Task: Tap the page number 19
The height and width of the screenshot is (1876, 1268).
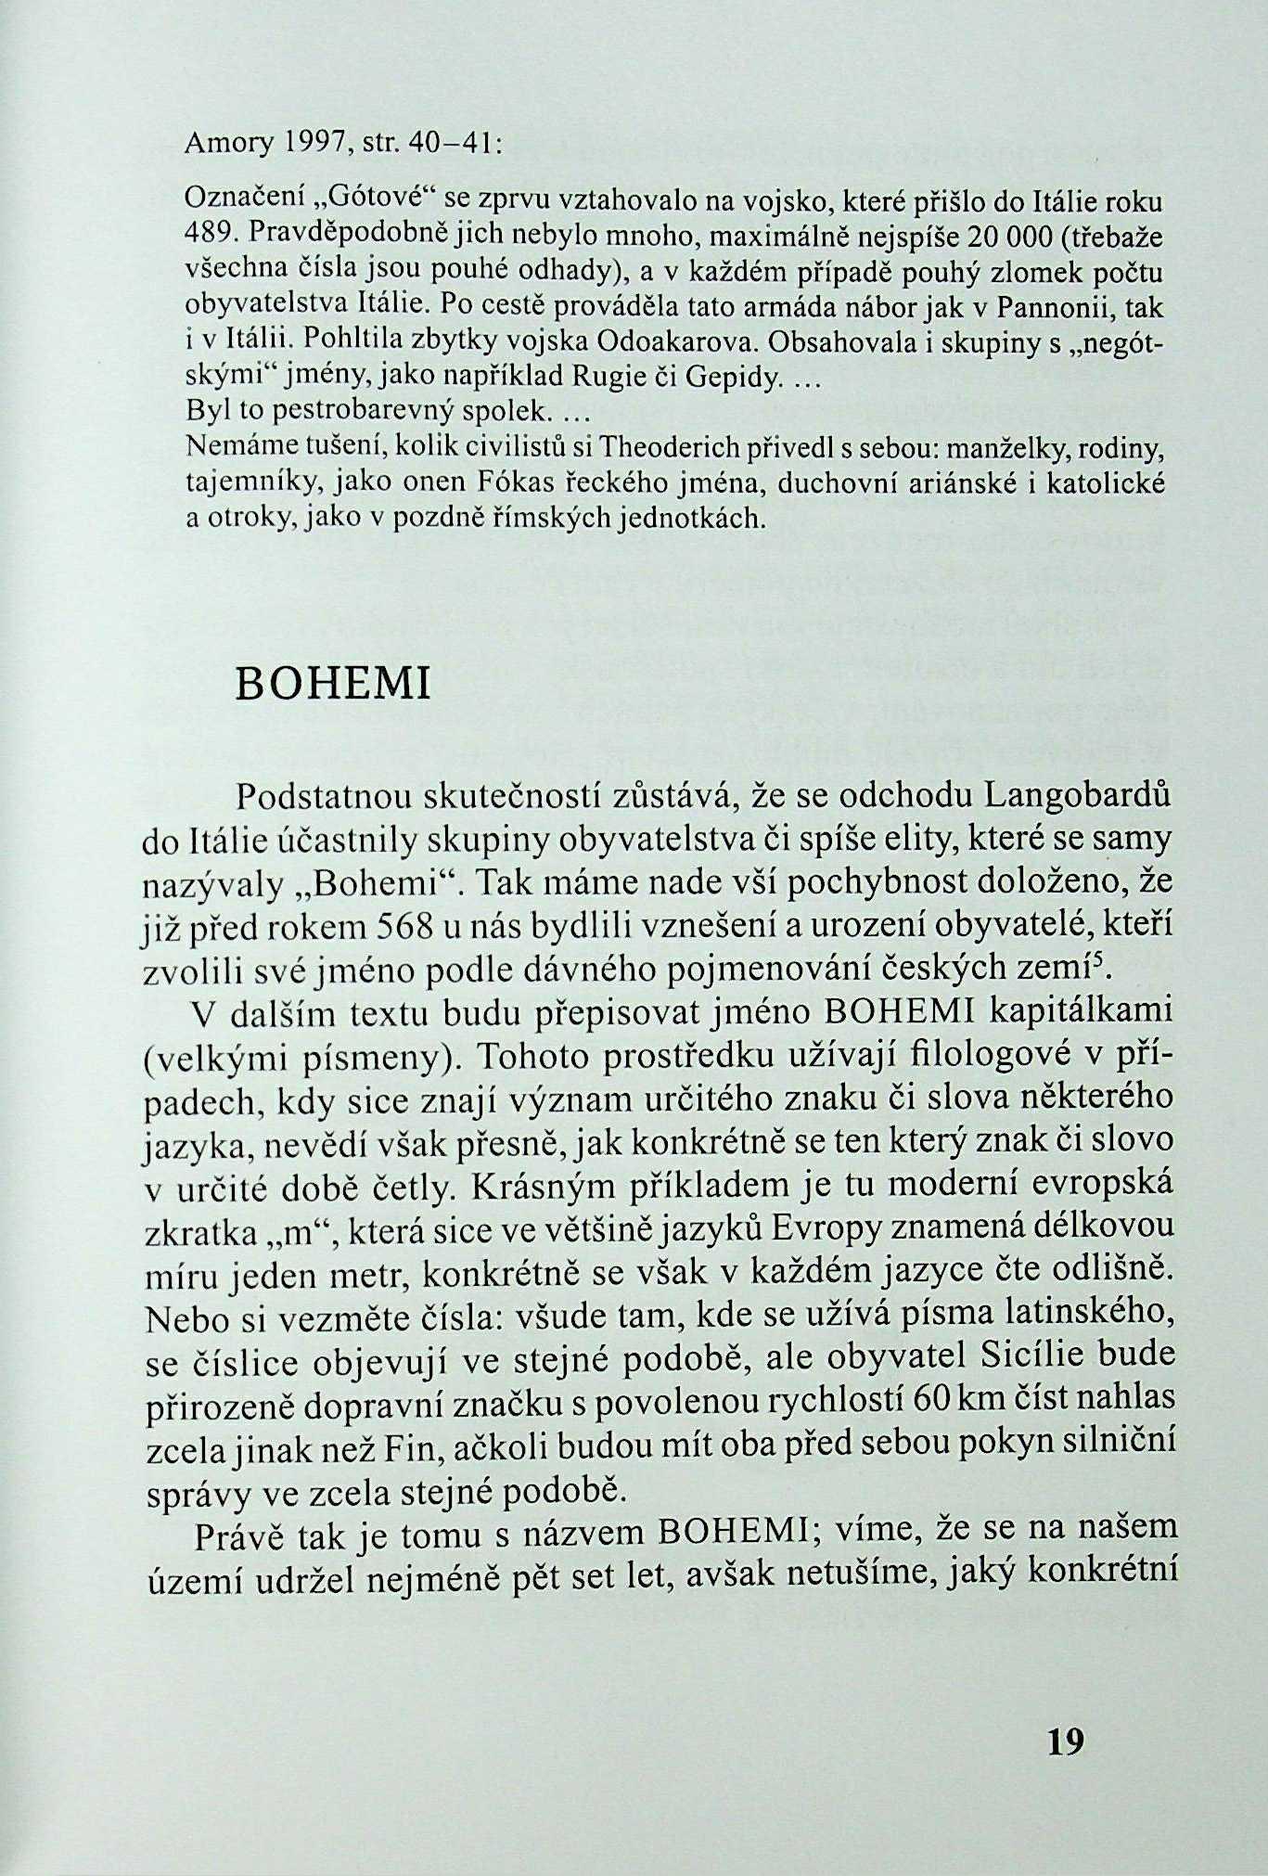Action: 1064,1741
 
